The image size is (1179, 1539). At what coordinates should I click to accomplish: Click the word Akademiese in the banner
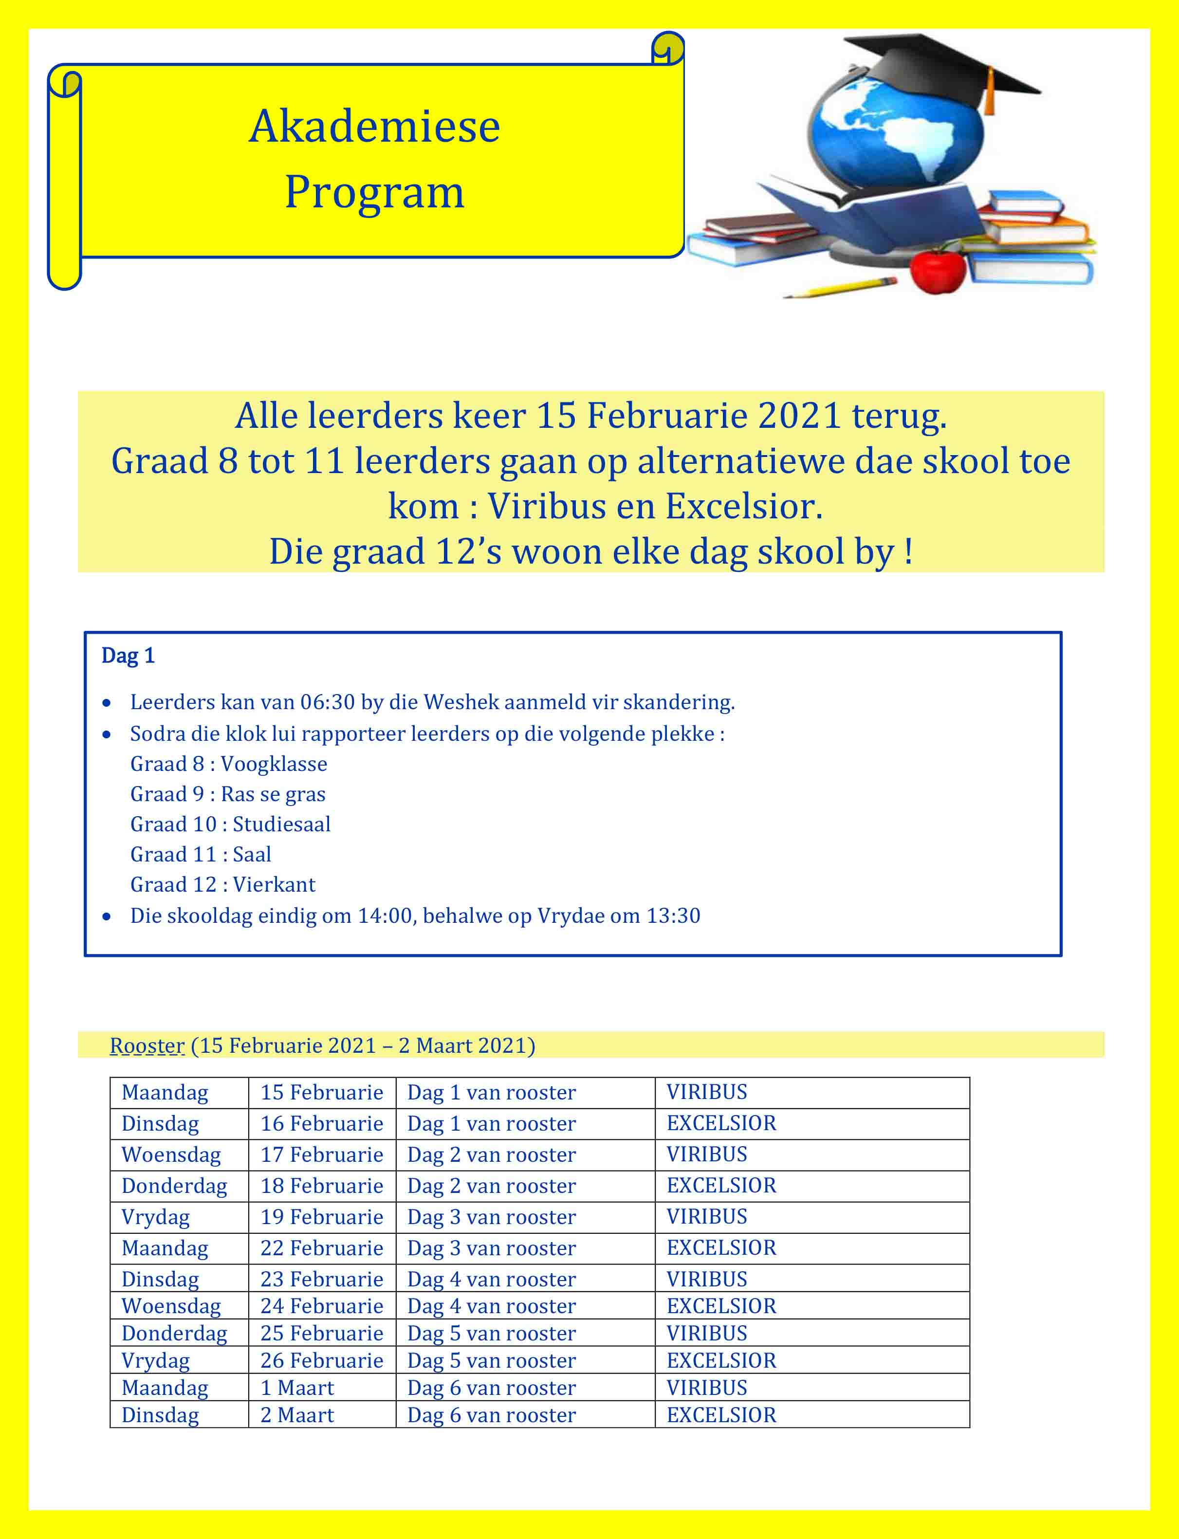click(374, 127)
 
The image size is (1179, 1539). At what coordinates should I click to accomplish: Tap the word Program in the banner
click(374, 192)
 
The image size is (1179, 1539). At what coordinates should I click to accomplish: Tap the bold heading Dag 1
click(128, 656)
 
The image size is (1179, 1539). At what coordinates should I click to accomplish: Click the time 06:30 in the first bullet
click(327, 702)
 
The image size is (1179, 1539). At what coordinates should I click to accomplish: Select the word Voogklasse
click(274, 764)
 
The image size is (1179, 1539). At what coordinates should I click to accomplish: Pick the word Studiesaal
click(281, 824)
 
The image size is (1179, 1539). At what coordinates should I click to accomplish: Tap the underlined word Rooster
click(147, 1045)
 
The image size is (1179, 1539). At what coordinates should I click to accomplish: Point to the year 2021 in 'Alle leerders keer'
click(799, 416)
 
